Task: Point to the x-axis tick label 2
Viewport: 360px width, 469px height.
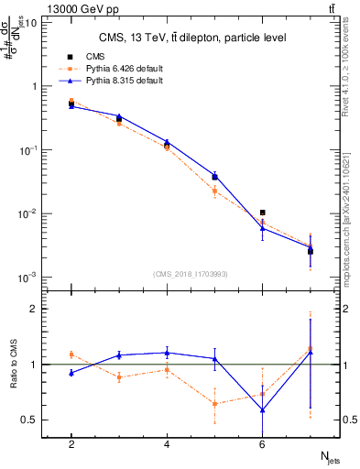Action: tap(71, 444)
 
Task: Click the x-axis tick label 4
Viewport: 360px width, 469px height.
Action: tap(167, 444)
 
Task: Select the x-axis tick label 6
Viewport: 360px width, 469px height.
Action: tap(262, 444)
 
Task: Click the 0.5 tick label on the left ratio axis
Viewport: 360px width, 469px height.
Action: tap(32, 420)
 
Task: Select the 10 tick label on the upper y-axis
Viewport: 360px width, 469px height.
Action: tap(32, 23)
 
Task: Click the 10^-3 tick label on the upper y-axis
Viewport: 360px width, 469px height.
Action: tap(30, 278)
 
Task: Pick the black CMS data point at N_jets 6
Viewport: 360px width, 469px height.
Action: tap(263, 213)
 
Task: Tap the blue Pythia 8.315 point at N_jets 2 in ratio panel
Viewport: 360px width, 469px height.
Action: tap(71, 373)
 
